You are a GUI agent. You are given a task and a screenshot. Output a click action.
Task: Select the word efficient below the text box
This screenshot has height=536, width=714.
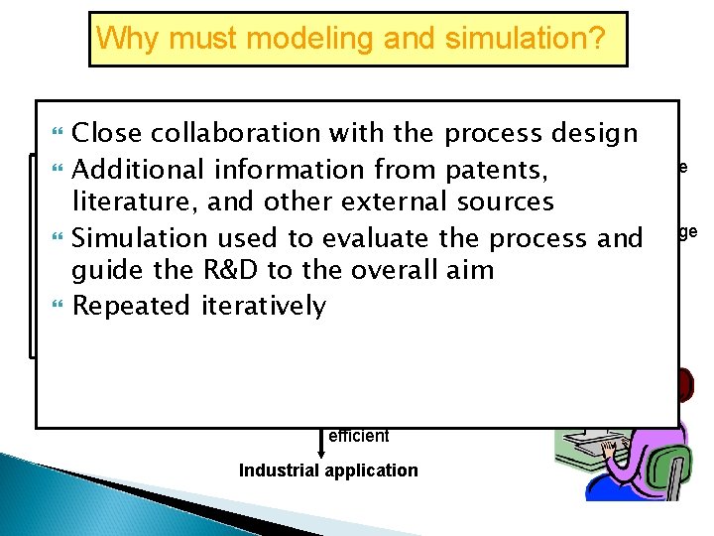[358, 436]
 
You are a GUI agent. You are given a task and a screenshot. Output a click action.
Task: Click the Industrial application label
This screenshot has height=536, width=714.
[328, 470]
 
